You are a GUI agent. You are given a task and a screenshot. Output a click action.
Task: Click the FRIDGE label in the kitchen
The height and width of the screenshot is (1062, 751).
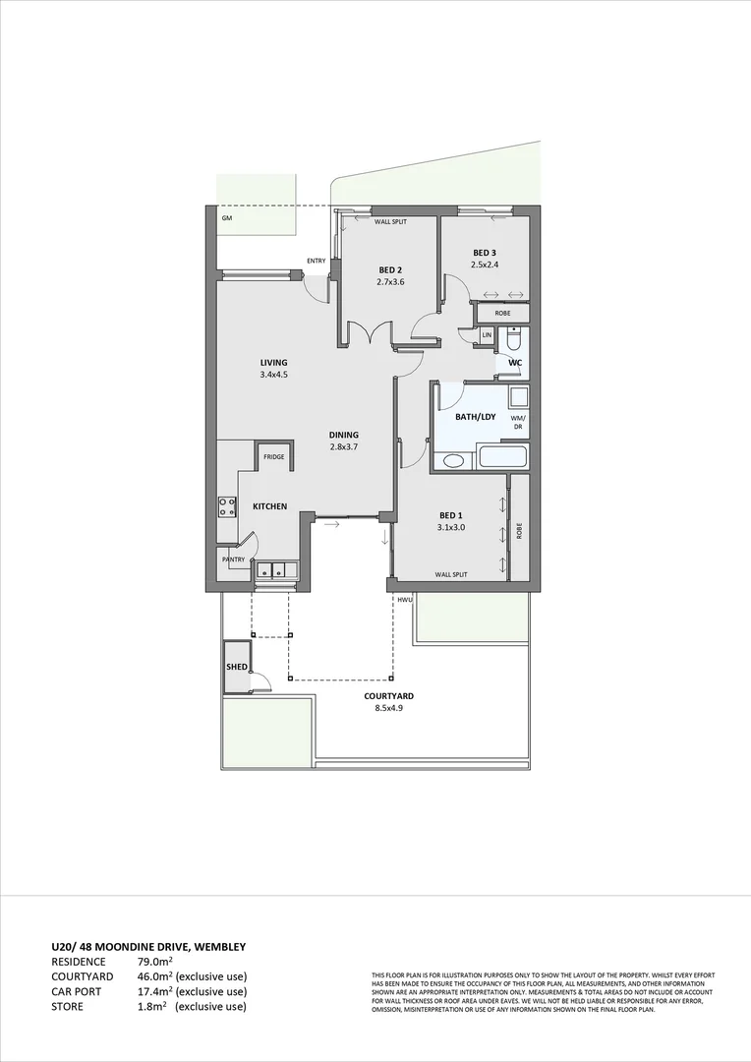tap(272, 457)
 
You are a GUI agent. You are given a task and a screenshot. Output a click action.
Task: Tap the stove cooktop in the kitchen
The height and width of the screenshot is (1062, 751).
tap(227, 506)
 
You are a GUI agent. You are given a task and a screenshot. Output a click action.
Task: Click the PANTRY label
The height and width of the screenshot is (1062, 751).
tap(233, 560)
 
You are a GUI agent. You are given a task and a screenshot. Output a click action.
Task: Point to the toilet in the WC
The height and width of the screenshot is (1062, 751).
tap(512, 340)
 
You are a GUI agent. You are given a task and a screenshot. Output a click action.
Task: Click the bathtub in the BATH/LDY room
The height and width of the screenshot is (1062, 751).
tap(501, 457)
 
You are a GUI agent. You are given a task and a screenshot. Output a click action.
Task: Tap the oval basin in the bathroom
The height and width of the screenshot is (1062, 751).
tap(454, 461)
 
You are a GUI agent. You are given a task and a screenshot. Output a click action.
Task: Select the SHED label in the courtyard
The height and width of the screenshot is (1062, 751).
tap(237, 666)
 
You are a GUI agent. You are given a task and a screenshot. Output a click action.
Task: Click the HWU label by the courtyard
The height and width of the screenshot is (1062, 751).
tap(404, 599)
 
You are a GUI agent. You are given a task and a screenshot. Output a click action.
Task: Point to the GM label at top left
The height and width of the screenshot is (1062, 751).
tap(226, 217)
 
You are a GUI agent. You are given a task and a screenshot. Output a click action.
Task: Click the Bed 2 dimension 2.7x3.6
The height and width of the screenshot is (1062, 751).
tap(390, 282)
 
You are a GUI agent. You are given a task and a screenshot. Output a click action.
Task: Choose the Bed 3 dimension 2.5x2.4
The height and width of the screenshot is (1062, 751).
tap(486, 265)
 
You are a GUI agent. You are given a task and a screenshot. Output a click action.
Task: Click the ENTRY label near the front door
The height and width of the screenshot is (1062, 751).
tap(316, 261)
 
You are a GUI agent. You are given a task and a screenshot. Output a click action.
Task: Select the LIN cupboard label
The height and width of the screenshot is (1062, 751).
tap(487, 335)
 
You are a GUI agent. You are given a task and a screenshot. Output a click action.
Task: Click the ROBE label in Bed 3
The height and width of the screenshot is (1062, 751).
tap(502, 313)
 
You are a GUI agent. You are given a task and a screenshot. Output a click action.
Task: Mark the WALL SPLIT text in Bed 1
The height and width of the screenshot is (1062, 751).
tap(451, 574)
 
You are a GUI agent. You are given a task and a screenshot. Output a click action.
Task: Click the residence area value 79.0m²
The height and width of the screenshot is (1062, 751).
tap(153, 961)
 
